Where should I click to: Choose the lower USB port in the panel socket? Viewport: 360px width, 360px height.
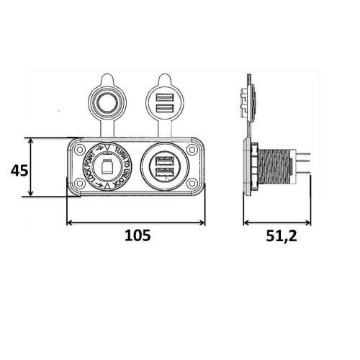(x=165, y=174)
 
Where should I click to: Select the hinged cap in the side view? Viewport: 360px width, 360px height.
(x=248, y=101)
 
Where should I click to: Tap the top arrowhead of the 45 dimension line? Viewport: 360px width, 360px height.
(x=30, y=140)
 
